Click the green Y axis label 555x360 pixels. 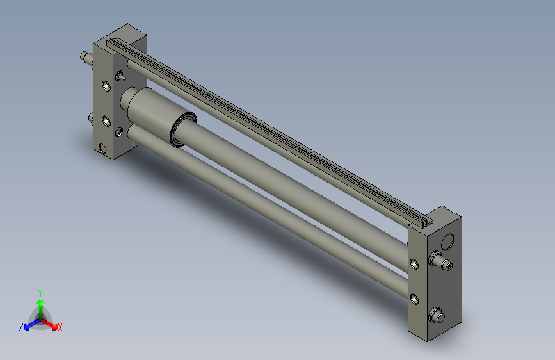40,293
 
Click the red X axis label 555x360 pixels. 60,327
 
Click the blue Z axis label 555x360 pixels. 21,327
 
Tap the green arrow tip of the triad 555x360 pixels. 41,302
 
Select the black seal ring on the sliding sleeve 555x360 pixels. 182,129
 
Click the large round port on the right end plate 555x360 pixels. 447,241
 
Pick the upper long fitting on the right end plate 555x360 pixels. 440,261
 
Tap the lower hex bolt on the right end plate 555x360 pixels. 437,315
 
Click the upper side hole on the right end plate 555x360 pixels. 414,264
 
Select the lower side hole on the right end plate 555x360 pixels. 414,299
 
